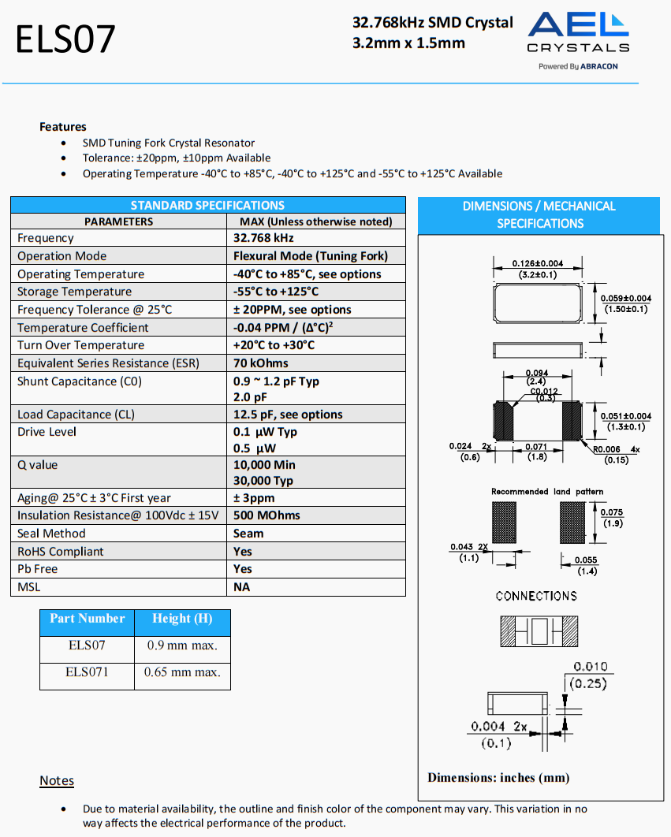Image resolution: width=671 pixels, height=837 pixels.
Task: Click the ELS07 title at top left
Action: [x=65, y=39]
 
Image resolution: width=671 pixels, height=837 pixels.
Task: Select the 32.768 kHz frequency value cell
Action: [x=263, y=238]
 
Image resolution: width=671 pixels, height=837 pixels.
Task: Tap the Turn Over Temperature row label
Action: [x=80, y=345]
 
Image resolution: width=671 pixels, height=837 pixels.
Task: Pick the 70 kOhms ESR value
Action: [x=261, y=363]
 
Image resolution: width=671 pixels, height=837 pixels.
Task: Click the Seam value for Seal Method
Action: [x=248, y=534]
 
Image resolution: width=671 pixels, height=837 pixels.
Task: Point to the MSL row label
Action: [x=28, y=587]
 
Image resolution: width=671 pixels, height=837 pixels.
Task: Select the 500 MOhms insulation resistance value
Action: [x=267, y=515]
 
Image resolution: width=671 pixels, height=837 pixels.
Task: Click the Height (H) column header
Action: [x=182, y=619]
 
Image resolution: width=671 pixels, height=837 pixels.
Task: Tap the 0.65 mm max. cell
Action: [x=182, y=672]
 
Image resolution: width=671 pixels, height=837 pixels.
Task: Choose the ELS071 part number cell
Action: [x=87, y=672]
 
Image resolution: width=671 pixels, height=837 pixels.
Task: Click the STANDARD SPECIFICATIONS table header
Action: [x=207, y=205]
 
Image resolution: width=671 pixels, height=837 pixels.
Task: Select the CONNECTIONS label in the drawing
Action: [x=536, y=596]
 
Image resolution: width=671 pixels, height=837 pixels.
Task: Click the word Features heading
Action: [x=63, y=127]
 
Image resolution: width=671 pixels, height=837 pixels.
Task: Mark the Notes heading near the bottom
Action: [x=57, y=781]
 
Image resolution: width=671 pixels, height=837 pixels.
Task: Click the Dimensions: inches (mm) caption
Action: [x=498, y=778]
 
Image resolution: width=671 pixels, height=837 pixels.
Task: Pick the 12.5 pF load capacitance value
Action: [x=288, y=415]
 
